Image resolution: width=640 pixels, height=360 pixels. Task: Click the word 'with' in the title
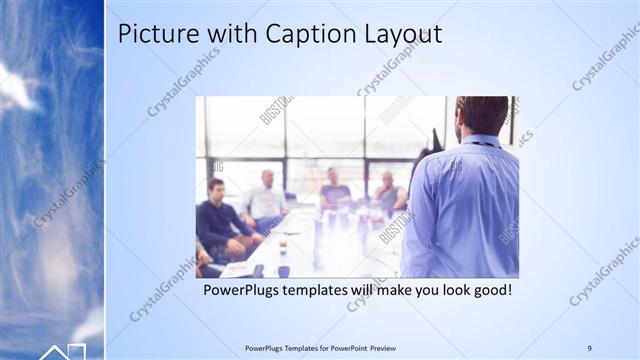pos(229,34)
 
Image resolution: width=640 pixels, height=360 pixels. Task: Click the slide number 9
pos(589,347)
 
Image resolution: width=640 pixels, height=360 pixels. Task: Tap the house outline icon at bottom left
pos(62,351)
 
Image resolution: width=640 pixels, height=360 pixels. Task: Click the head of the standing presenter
pos(482,113)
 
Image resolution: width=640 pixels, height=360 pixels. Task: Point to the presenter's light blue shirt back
pos(465,210)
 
